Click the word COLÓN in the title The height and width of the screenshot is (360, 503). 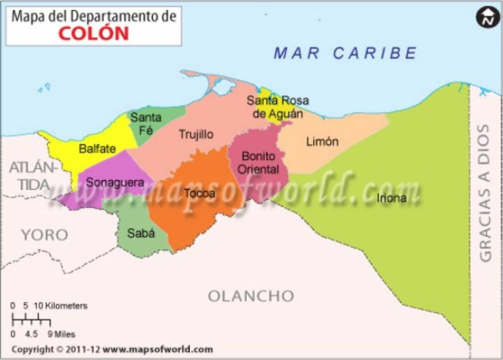click(x=93, y=33)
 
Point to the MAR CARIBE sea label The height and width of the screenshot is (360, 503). click(x=345, y=53)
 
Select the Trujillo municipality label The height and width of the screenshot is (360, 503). click(x=196, y=135)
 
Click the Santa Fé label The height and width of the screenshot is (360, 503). click(x=145, y=123)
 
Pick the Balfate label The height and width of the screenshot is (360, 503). click(x=97, y=148)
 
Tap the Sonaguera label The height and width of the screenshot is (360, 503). click(x=114, y=183)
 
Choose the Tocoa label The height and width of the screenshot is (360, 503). click(x=199, y=193)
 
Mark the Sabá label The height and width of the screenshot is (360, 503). click(x=141, y=233)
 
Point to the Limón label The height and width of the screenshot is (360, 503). click(x=322, y=142)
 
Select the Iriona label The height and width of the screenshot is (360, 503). click(x=392, y=198)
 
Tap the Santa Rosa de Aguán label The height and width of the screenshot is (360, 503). click(x=277, y=107)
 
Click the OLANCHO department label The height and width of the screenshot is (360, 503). click(x=251, y=296)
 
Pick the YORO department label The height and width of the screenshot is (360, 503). click(x=44, y=235)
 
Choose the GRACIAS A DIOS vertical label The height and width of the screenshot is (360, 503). click(x=485, y=193)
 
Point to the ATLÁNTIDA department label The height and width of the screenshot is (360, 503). click(x=33, y=176)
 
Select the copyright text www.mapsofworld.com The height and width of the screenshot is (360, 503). click(x=158, y=349)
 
